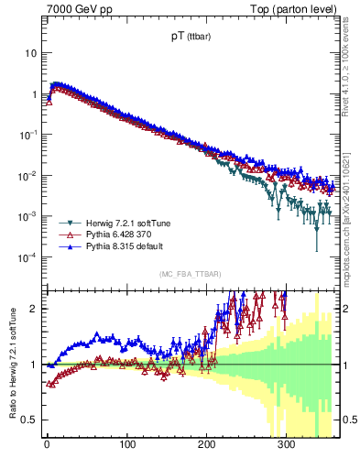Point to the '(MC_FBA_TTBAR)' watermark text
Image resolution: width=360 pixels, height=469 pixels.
pyautogui.click(x=191, y=275)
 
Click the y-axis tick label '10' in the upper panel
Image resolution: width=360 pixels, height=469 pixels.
pyautogui.click(x=31, y=53)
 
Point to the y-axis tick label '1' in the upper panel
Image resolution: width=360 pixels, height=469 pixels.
pyautogui.click(x=34, y=94)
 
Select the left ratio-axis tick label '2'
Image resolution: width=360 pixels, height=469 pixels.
pyautogui.click(x=35, y=309)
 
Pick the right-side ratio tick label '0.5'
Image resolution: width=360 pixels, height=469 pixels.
pyautogui.click(x=348, y=420)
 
